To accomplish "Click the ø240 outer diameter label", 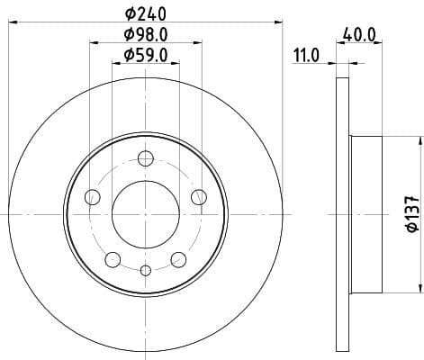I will (x=144, y=13).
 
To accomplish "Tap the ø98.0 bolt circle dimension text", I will (x=144, y=35).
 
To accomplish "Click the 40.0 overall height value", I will (x=357, y=36).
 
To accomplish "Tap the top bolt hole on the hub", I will (x=145, y=160).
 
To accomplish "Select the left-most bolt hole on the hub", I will (x=90, y=197).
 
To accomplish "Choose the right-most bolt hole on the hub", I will (x=200, y=197).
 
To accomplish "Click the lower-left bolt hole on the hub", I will (x=113, y=259).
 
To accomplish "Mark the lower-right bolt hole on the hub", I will (x=178, y=259).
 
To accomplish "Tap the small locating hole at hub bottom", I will (x=145, y=269).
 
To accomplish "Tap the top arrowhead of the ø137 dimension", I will (x=419, y=141).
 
